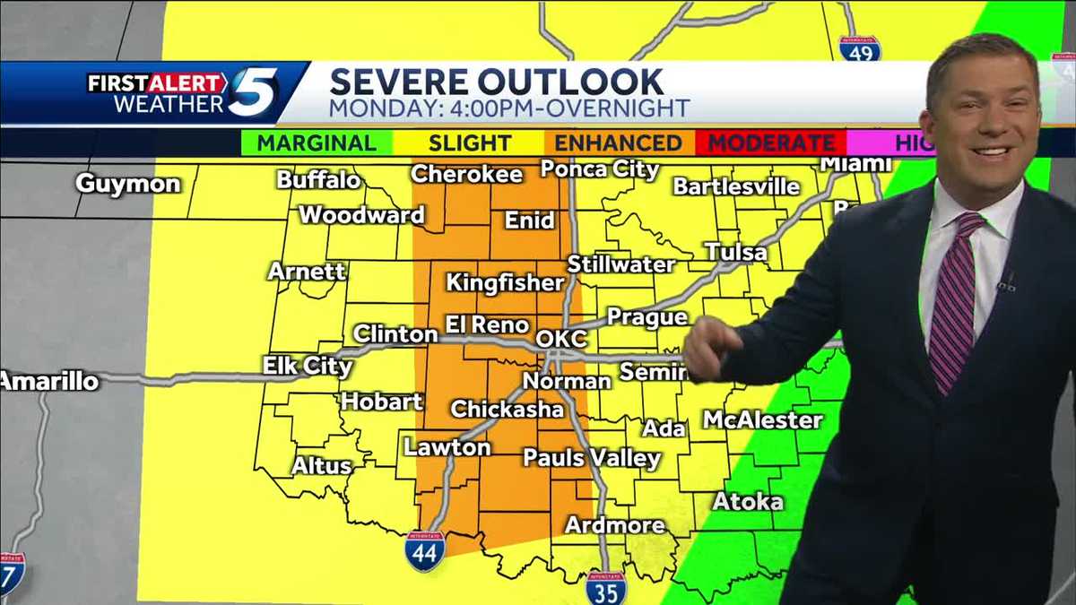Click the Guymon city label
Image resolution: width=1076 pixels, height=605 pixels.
coord(128,184)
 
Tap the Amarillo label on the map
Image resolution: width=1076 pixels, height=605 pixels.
coord(49,381)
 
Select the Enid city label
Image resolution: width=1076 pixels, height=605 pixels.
coord(530,220)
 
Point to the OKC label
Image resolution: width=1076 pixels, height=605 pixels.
coord(561,339)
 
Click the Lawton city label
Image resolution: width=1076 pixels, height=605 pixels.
coord(447,446)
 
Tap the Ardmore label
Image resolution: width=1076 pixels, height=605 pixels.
coord(615,525)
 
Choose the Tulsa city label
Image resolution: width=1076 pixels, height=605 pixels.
coord(736,252)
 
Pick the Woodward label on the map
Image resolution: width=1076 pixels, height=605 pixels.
coord(361,215)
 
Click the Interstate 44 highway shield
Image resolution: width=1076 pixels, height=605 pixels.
coord(424,552)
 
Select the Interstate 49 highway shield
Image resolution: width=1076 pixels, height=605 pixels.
coord(859,48)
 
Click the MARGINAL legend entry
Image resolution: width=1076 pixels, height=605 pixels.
coord(317,143)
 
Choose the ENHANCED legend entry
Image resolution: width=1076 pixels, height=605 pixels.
coord(618,143)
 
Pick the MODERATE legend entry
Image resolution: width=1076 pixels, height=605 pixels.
coord(772,143)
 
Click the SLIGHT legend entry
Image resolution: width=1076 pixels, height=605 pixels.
coord(470,143)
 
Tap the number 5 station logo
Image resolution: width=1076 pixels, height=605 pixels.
coord(254,92)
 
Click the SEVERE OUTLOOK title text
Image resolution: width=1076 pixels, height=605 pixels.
coord(497,82)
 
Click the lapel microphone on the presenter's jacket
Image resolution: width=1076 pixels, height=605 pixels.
coord(1006,284)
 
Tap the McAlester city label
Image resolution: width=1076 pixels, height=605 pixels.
coord(763,419)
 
